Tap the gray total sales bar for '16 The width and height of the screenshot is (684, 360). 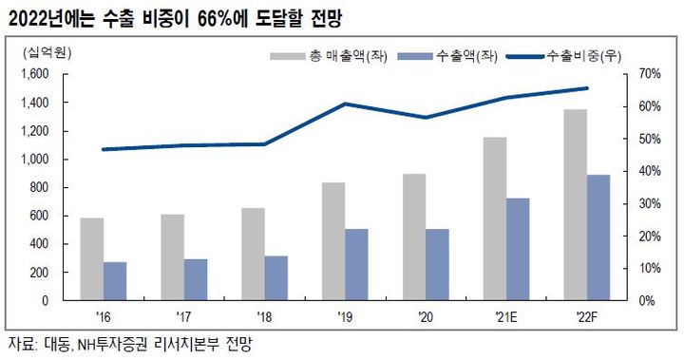coord(91,258)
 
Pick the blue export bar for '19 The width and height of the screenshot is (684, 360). coord(355,264)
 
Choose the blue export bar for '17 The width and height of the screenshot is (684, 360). coord(195,279)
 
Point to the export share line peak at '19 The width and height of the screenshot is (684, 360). coord(344,104)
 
